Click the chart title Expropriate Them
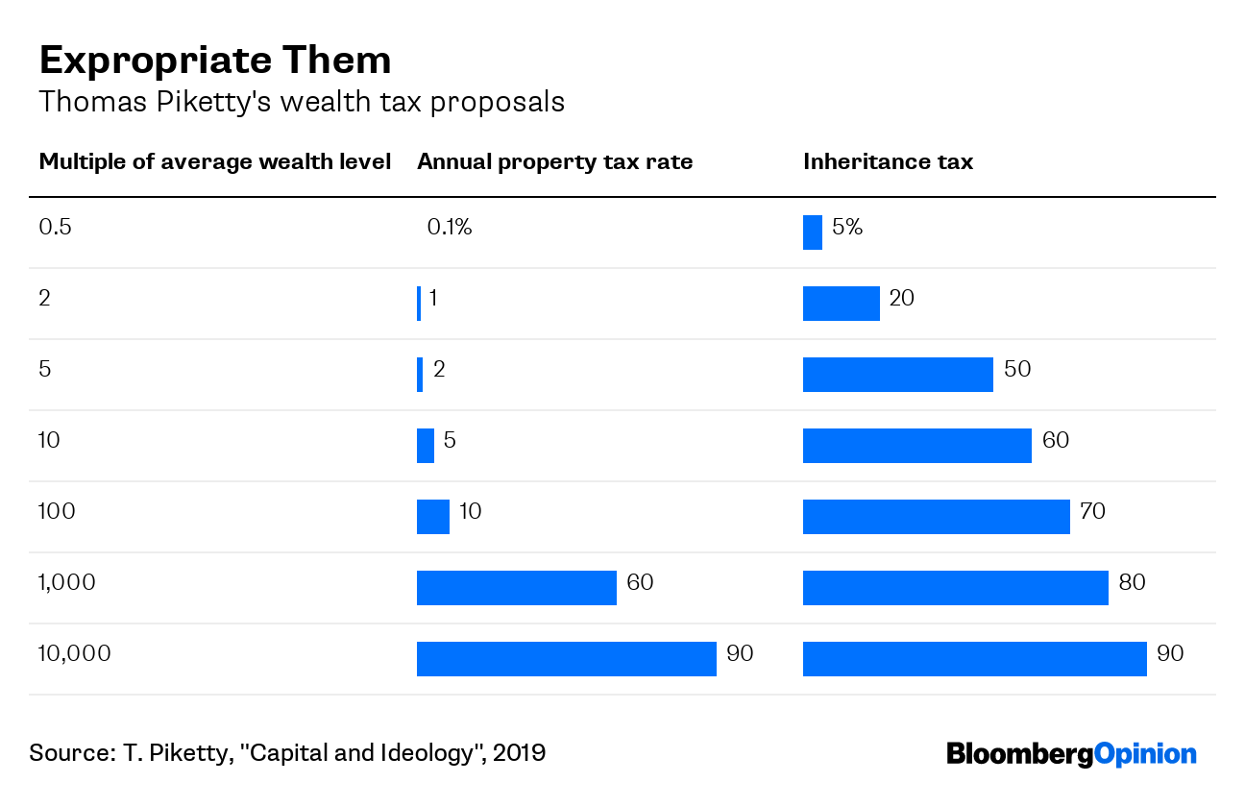click(x=214, y=61)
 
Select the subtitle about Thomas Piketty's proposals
click(x=301, y=102)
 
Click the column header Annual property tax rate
click(x=554, y=162)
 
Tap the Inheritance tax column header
click(x=888, y=162)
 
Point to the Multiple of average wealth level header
click(x=214, y=162)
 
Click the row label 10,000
click(x=75, y=654)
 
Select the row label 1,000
click(x=67, y=583)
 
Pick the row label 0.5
click(x=56, y=228)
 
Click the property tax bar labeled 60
click(x=516, y=588)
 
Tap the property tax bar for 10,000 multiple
click(x=566, y=659)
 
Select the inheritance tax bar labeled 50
click(x=897, y=375)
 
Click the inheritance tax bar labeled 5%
click(x=812, y=232)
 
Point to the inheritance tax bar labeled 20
click(x=841, y=304)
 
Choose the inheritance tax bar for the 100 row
click(x=936, y=517)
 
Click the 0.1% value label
click(x=450, y=228)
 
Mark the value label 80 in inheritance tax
click(x=1133, y=582)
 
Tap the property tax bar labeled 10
click(x=432, y=517)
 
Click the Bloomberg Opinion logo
click(x=1071, y=753)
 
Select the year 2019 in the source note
click(x=520, y=752)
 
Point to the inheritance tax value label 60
click(x=1056, y=441)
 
